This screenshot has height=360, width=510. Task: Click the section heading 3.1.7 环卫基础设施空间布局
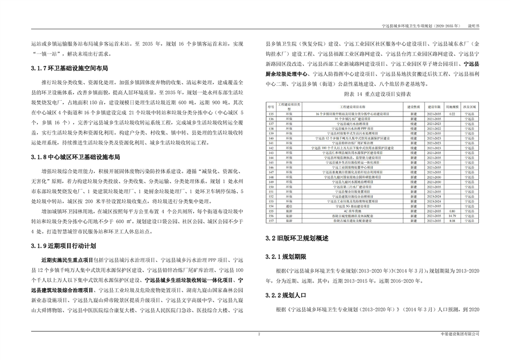69,69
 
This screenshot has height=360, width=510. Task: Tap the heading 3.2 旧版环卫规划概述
297,238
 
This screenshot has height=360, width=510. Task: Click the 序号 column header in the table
271,108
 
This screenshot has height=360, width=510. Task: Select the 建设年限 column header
433,108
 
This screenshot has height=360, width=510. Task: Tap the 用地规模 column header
452,108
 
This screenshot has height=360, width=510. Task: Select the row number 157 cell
271,221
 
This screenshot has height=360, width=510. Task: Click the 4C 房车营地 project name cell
357,210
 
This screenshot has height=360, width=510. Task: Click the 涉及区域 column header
470,108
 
